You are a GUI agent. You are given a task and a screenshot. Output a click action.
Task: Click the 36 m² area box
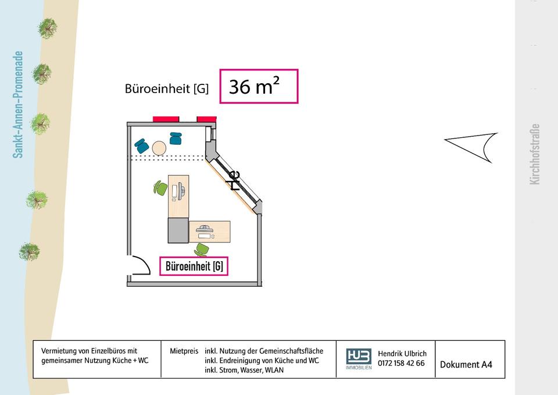pos(259,87)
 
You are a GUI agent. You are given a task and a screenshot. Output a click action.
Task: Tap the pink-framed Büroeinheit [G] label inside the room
pos(194,266)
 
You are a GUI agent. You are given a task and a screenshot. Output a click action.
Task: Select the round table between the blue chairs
pos(159,148)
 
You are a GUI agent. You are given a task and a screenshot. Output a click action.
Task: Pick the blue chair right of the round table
pos(176,138)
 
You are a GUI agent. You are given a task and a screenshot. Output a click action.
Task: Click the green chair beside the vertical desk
pos(160,188)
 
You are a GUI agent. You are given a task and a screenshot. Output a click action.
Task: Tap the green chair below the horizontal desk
pos(201,250)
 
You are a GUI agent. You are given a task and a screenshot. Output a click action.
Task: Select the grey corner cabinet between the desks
pos(178,230)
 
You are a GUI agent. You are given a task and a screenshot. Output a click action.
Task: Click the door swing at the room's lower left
pos(138,266)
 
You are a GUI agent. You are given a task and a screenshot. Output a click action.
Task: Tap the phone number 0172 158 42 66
pos(401,364)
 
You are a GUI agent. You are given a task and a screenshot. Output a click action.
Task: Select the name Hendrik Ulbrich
pos(402,354)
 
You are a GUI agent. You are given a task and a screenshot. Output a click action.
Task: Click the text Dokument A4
pos(466,365)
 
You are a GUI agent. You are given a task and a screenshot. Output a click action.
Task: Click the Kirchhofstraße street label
pos(535,154)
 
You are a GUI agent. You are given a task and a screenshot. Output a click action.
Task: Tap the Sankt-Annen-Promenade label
pos(18,105)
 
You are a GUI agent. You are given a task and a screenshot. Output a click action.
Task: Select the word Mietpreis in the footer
pos(184,351)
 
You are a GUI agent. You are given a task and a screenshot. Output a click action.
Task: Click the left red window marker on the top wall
pos(166,119)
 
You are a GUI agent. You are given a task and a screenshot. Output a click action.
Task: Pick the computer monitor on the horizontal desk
pos(205,229)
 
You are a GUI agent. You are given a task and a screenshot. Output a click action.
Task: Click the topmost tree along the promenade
pos(47,27)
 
